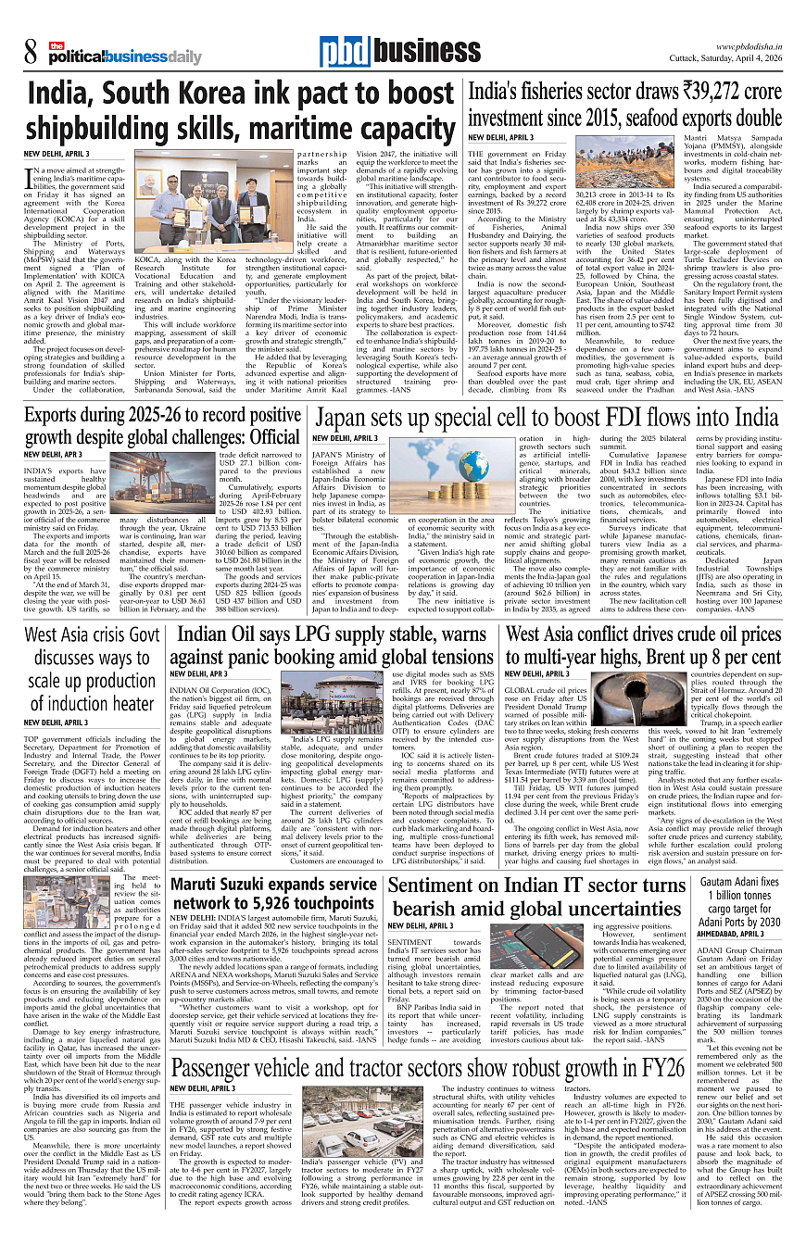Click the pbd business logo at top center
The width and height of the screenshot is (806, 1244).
tap(387, 54)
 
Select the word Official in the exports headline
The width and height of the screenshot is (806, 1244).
tap(265, 434)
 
